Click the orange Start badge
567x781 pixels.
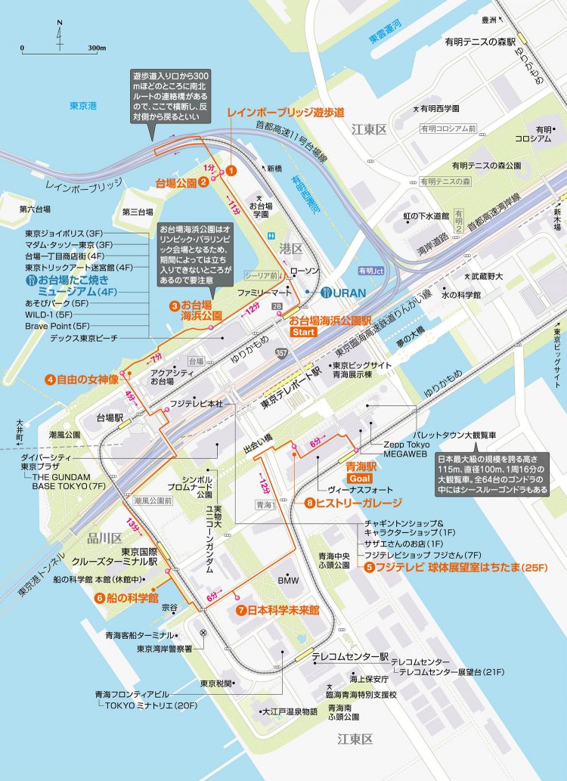(x=302, y=332)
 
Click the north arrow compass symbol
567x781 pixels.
(x=60, y=36)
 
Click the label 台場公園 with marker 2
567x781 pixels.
(x=176, y=183)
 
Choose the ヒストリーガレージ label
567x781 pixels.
(x=358, y=503)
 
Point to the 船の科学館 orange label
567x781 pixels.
(x=132, y=597)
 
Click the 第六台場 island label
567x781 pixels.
(x=34, y=209)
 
